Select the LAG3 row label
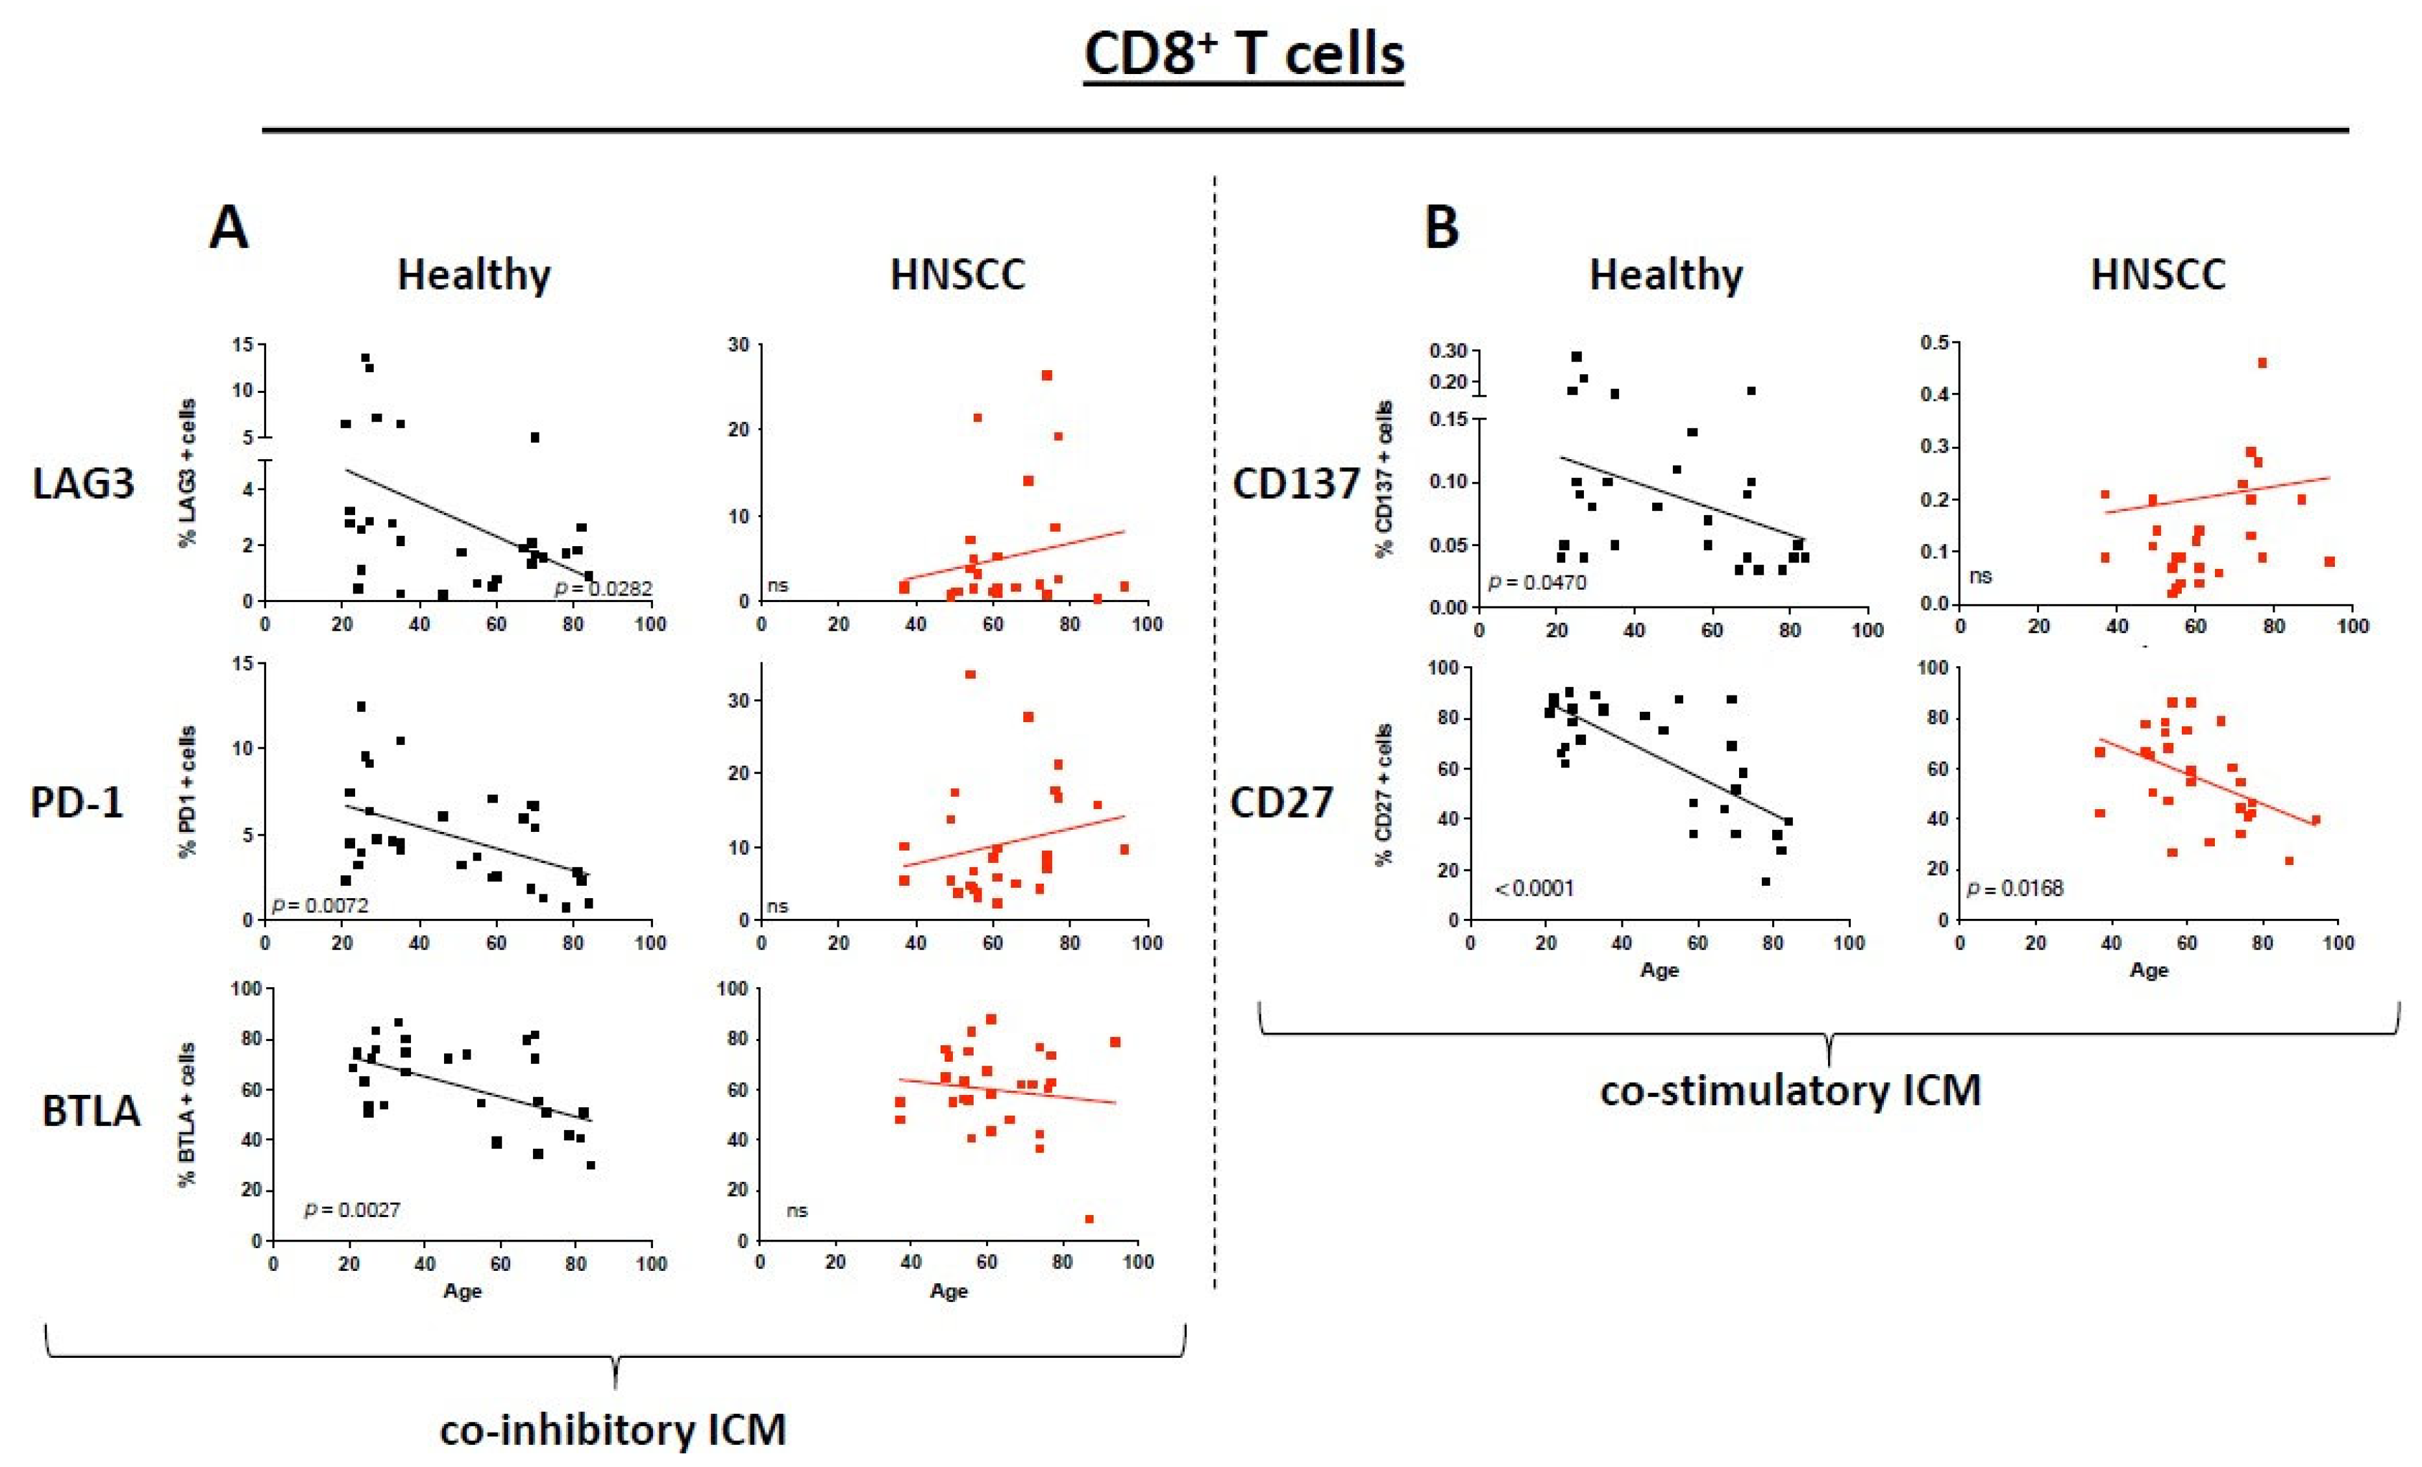[x=84, y=484]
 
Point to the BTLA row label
[x=92, y=1111]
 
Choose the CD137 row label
[x=1296, y=484]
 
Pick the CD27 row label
[x=1282, y=802]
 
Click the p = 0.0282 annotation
[x=602, y=588]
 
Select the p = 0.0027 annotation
[x=352, y=1209]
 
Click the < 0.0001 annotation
[x=1535, y=889]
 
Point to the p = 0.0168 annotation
[x=2014, y=889]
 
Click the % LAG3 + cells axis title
[x=188, y=472]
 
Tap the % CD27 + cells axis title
[x=1385, y=794]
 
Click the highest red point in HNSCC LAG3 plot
[x=1047, y=375]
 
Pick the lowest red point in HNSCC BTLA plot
[x=1089, y=1219]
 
